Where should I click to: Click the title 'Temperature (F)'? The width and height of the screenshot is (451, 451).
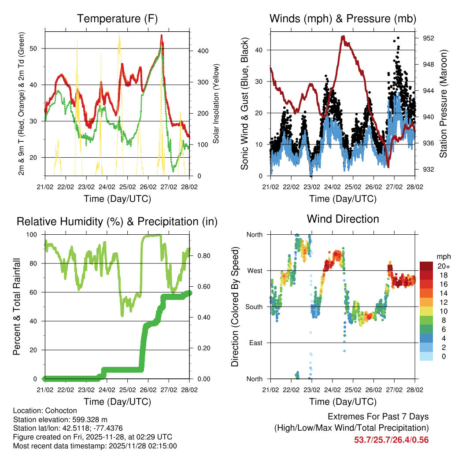click(x=117, y=18)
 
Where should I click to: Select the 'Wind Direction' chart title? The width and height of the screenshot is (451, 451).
click(x=343, y=218)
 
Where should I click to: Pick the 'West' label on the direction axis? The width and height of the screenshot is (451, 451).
click(x=254, y=270)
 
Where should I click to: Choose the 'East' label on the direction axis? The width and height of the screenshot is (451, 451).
click(x=255, y=343)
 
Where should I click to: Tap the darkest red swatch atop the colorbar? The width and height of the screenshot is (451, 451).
click(x=426, y=266)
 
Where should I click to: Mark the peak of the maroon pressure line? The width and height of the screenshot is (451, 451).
click(x=343, y=37)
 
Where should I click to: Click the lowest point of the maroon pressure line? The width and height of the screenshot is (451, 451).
click(x=388, y=166)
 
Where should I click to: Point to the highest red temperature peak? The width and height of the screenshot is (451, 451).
click(x=162, y=35)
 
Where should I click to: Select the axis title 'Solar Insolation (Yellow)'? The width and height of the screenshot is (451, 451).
click(x=216, y=104)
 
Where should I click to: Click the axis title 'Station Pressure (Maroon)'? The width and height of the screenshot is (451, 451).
click(x=443, y=104)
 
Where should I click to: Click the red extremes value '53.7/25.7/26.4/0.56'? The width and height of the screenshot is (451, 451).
click(x=391, y=440)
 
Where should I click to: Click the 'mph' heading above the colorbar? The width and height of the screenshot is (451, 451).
click(x=442, y=257)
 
